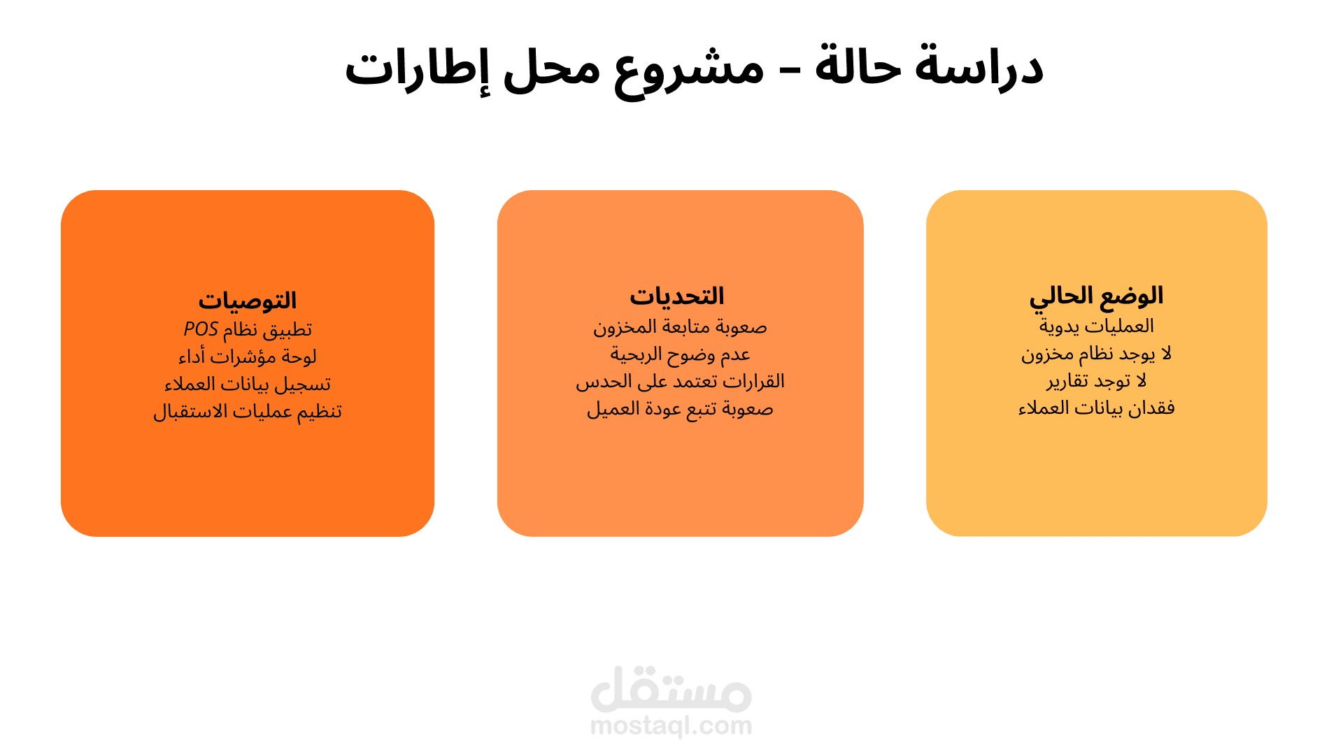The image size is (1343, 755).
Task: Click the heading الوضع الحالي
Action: pos(1096,296)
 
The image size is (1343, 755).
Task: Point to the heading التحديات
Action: pos(676,296)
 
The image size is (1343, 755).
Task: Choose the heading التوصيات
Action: pos(247,301)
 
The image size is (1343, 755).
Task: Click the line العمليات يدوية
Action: pos(1096,326)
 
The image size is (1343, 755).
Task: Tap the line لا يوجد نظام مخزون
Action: pos(1096,354)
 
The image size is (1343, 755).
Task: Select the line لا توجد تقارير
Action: pos(1096,381)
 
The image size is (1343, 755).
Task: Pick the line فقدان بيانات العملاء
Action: pos(1096,408)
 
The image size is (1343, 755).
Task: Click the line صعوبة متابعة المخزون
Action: pos(680,327)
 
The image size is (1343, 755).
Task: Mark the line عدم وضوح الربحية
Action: pos(680,354)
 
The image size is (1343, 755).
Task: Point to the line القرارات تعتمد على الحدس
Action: pos(680,382)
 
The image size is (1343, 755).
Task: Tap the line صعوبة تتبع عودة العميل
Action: pos(680,409)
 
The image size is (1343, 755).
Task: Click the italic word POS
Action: pos(201,329)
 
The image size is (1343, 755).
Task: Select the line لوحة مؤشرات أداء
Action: pos(247,357)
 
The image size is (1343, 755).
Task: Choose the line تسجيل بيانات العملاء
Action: pos(247,384)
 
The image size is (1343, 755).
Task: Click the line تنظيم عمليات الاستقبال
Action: pos(247,412)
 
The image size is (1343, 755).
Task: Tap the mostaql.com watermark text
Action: pos(671,726)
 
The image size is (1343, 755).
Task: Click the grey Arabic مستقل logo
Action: pos(671,689)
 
